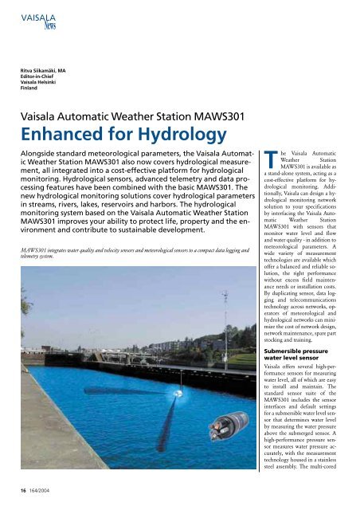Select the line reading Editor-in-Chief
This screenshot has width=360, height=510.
(x=38, y=77)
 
